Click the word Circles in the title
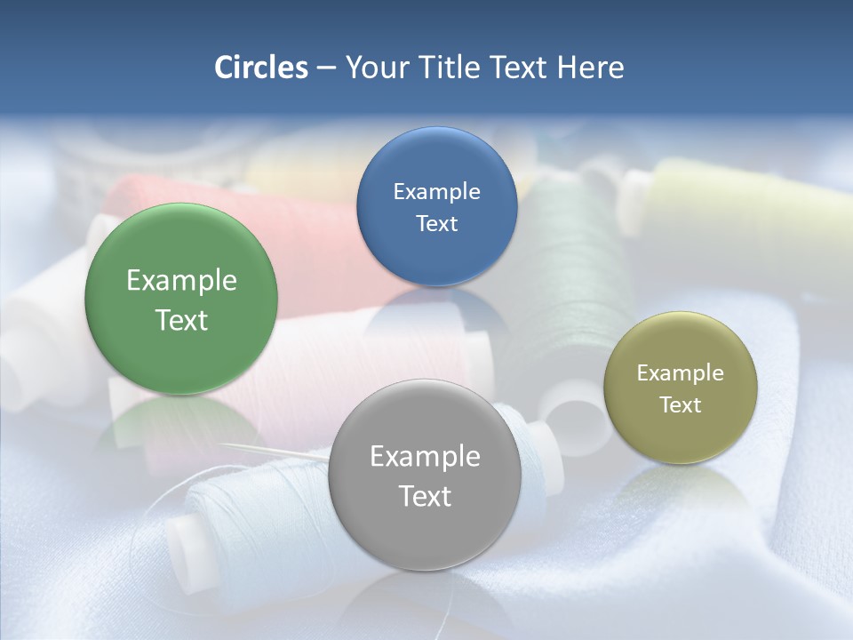click(x=260, y=68)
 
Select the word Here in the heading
click(x=590, y=68)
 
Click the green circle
click(x=181, y=267)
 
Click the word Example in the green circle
click(x=181, y=281)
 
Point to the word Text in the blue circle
click(x=436, y=223)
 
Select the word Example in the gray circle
click(x=425, y=457)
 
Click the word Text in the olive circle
click(x=680, y=404)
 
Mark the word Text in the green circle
click(x=181, y=320)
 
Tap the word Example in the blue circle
click(x=436, y=192)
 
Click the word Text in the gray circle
click(x=425, y=496)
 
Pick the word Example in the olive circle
click(x=680, y=373)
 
